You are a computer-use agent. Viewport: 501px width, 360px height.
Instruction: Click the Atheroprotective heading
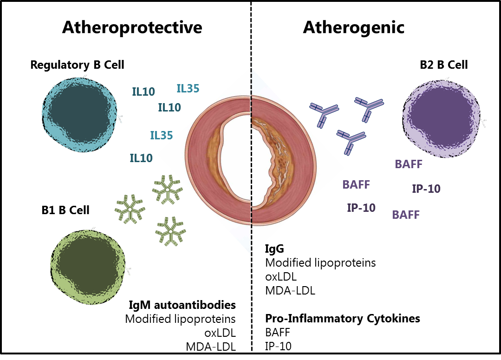[x=132, y=27]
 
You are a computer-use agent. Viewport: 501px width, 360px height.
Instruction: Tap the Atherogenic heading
[x=354, y=27]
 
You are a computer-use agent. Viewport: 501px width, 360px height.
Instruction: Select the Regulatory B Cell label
[x=77, y=65]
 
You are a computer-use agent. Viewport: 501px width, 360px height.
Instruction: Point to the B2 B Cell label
[x=443, y=65]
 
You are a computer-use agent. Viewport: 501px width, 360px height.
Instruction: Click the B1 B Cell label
[x=65, y=210]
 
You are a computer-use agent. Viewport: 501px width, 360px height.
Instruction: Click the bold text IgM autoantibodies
[x=182, y=305]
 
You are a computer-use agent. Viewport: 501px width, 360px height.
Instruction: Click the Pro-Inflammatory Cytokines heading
[x=343, y=319]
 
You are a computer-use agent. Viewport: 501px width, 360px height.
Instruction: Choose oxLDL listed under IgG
[x=280, y=277]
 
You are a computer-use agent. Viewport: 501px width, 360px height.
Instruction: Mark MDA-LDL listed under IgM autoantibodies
[x=217, y=346]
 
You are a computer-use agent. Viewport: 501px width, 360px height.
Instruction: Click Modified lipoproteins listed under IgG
[x=320, y=263]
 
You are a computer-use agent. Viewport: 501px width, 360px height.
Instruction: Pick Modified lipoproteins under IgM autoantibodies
[x=181, y=319]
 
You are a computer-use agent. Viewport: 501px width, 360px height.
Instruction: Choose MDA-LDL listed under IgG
[x=290, y=291]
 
